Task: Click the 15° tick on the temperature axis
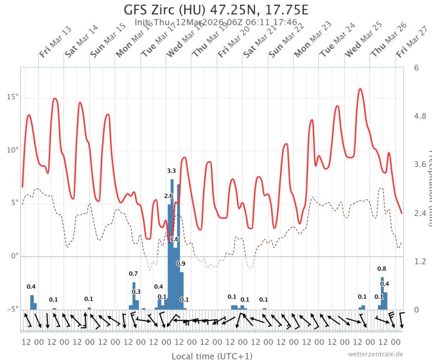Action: (x=12, y=97)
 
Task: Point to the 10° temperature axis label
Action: (x=12, y=150)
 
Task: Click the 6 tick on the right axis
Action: (x=416, y=67)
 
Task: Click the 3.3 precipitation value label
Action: (x=172, y=171)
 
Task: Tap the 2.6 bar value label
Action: (x=169, y=195)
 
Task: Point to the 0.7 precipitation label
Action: (x=133, y=274)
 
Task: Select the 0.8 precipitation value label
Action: (x=382, y=269)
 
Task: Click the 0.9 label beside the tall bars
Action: (x=181, y=264)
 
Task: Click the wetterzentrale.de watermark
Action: (x=375, y=354)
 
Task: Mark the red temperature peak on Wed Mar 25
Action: (x=360, y=89)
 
